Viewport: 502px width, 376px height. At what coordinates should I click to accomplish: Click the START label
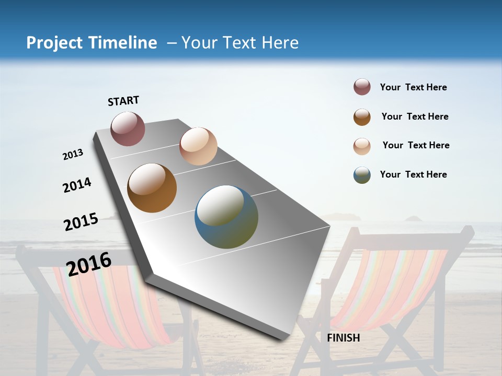[123, 101]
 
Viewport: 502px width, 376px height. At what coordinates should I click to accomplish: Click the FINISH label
[343, 338]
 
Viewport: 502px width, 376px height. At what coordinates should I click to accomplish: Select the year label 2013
[73, 155]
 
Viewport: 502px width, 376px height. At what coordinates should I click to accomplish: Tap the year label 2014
[77, 185]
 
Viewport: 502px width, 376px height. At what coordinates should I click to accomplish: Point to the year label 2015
[81, 222]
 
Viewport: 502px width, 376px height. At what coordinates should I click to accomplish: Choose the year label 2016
[89, 264]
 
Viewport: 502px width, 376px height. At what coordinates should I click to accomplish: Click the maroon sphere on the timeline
[128, 128]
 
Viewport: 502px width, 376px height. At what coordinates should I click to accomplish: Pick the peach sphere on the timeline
[198, 146]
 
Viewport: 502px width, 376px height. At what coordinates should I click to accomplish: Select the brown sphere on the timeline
[152, 188]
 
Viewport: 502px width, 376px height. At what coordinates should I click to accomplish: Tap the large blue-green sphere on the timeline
[226, 217]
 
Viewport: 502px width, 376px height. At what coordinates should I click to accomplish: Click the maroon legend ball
[362, 87]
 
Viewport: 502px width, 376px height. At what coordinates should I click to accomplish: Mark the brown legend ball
[362, 117]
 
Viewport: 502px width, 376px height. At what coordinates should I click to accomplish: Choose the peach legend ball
[362, 146]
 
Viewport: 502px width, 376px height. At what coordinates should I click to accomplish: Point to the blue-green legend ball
[362, 175]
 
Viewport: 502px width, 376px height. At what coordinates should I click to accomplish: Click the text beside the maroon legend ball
[413, 88]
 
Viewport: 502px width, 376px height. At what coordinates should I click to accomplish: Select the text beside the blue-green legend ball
[413, 174]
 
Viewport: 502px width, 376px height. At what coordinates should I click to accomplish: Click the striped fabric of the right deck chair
[392, 287]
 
